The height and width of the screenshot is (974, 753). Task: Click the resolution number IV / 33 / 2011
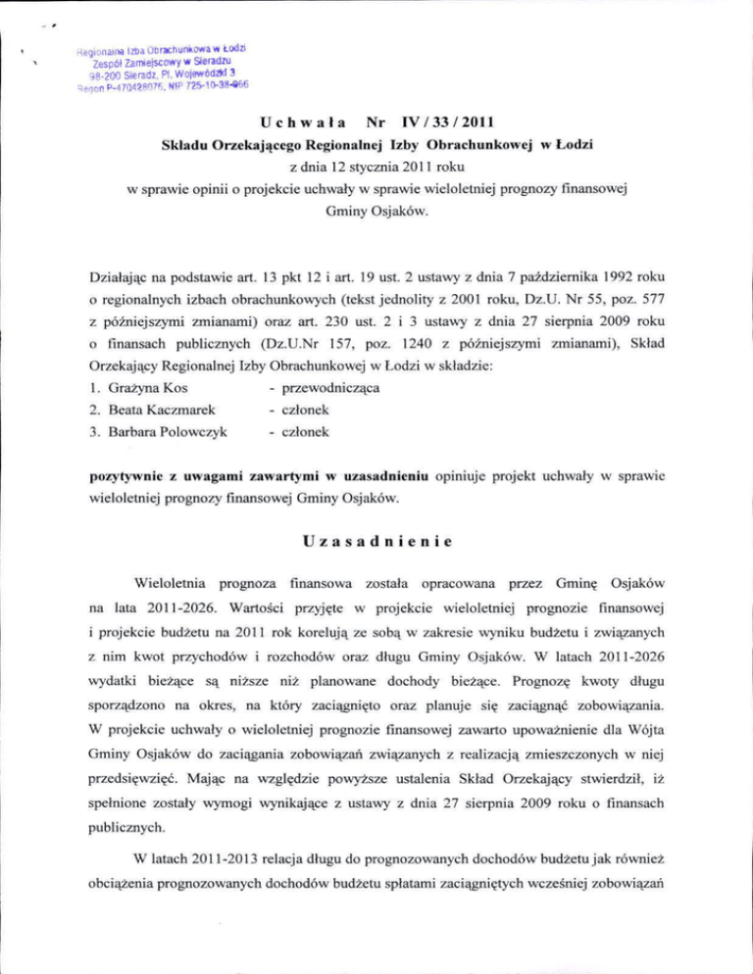[445, 124]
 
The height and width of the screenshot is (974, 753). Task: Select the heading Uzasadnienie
[377, 538]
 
